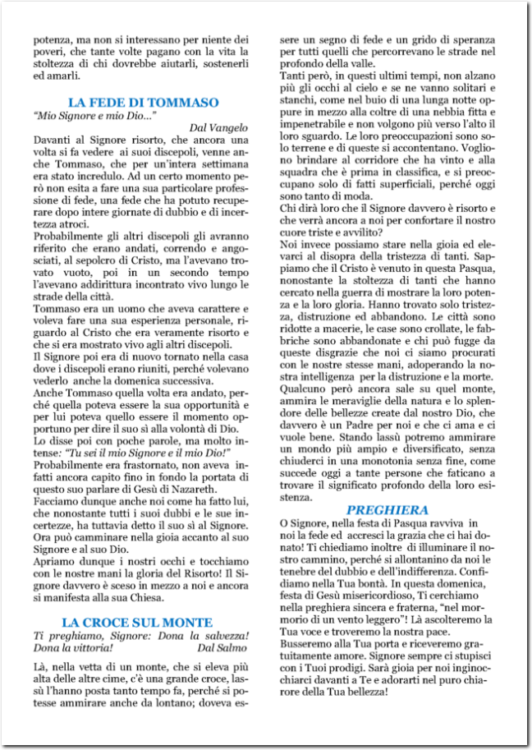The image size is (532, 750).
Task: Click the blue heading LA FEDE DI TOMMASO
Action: [x=143, y=103]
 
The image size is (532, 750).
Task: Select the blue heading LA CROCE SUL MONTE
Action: [x=137, y=623]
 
